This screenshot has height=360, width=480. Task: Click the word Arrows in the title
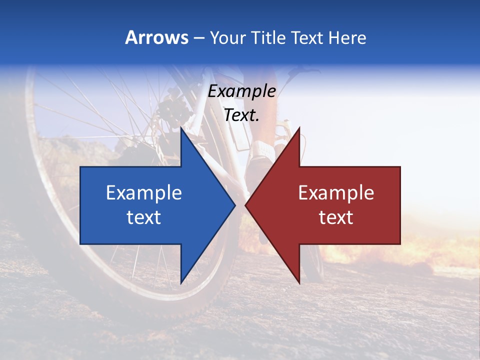pos(156,37)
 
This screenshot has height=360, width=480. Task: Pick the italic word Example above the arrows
pos(241,91)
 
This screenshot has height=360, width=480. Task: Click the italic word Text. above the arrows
pos(241,115)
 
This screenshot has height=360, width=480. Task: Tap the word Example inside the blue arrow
pos(144,193)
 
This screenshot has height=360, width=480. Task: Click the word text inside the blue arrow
pos(144,217)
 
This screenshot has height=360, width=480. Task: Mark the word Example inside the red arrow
pos(336,193)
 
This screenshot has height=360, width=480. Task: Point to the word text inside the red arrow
pos(336,217)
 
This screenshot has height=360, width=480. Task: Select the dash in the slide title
pos(198,38)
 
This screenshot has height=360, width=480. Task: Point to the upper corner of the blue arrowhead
pos(181,129)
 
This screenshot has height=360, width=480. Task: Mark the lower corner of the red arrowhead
pos(299,283)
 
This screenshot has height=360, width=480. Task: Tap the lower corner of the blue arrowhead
pos(181,283)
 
